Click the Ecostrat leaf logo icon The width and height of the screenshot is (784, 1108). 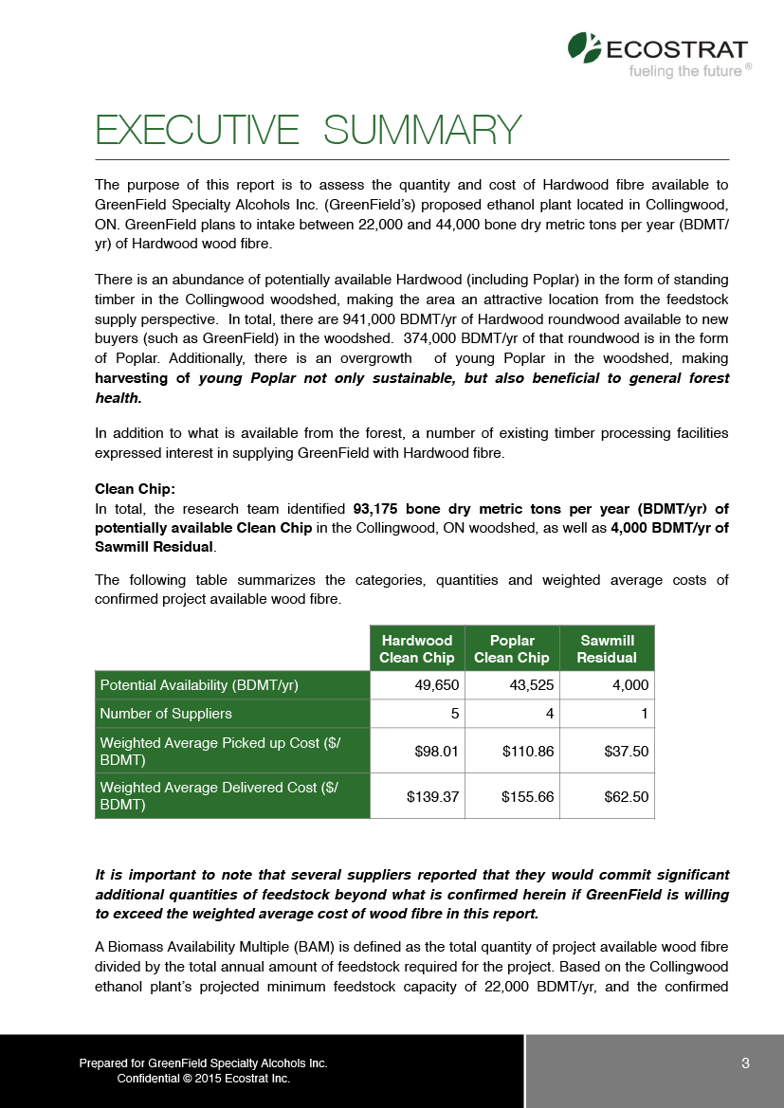tap(583, 46)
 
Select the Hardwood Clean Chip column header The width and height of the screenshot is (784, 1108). tap(416, 649)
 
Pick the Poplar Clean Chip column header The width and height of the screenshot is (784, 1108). tap(512, 649)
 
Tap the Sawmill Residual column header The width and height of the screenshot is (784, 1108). tap(607, 649)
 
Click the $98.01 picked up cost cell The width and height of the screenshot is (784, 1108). tap(437, 752)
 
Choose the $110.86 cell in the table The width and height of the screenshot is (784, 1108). tap(528, 752)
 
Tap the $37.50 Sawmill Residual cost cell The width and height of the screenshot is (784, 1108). tap(627, 752)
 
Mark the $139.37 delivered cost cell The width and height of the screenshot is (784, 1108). tap(433, 797)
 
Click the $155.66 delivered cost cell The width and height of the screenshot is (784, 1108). tap(528, 797)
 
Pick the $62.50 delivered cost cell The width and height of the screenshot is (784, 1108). tap(627, 797)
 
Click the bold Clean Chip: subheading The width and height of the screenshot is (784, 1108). tap(135, 490)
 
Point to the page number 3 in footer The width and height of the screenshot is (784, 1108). tap(746, 1063)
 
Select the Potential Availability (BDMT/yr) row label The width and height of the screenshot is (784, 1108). tap(200, 685)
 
